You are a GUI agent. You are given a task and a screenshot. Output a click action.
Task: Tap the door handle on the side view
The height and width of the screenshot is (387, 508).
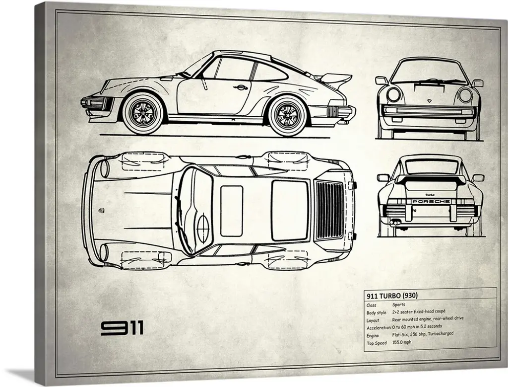tap(242, 87)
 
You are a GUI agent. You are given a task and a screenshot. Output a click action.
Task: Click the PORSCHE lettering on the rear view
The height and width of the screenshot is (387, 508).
tap(430, 201)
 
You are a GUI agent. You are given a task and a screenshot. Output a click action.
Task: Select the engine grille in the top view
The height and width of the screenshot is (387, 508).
tap(329, 210)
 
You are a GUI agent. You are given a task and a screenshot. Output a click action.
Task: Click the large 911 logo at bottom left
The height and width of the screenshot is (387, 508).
tap(123, 328)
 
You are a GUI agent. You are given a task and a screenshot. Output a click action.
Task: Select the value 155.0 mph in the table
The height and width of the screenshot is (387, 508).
tap(402, 343)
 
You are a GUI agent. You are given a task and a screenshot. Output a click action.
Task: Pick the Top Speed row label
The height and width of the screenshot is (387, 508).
tap(377, 343)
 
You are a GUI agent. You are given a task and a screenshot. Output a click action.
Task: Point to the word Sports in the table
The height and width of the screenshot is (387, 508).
tap(398, 305)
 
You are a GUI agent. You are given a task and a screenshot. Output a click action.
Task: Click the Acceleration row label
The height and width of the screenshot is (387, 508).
tap(379, 328)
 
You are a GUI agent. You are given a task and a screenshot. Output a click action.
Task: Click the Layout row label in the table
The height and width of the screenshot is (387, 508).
tap(373, 320)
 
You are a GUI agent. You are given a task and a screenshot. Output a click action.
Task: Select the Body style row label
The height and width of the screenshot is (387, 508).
tap(377, 312)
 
